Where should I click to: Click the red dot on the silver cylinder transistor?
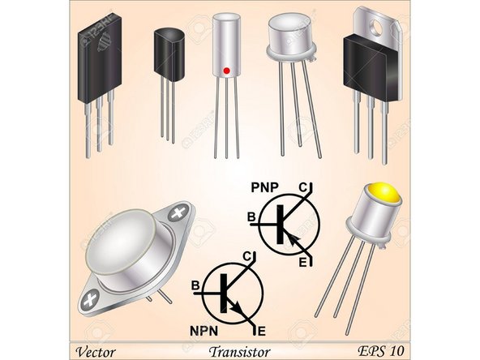click(x=227, y=71)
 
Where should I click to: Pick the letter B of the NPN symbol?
click(x=195, y=285)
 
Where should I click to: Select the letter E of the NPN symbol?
click(x=260, y=330)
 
